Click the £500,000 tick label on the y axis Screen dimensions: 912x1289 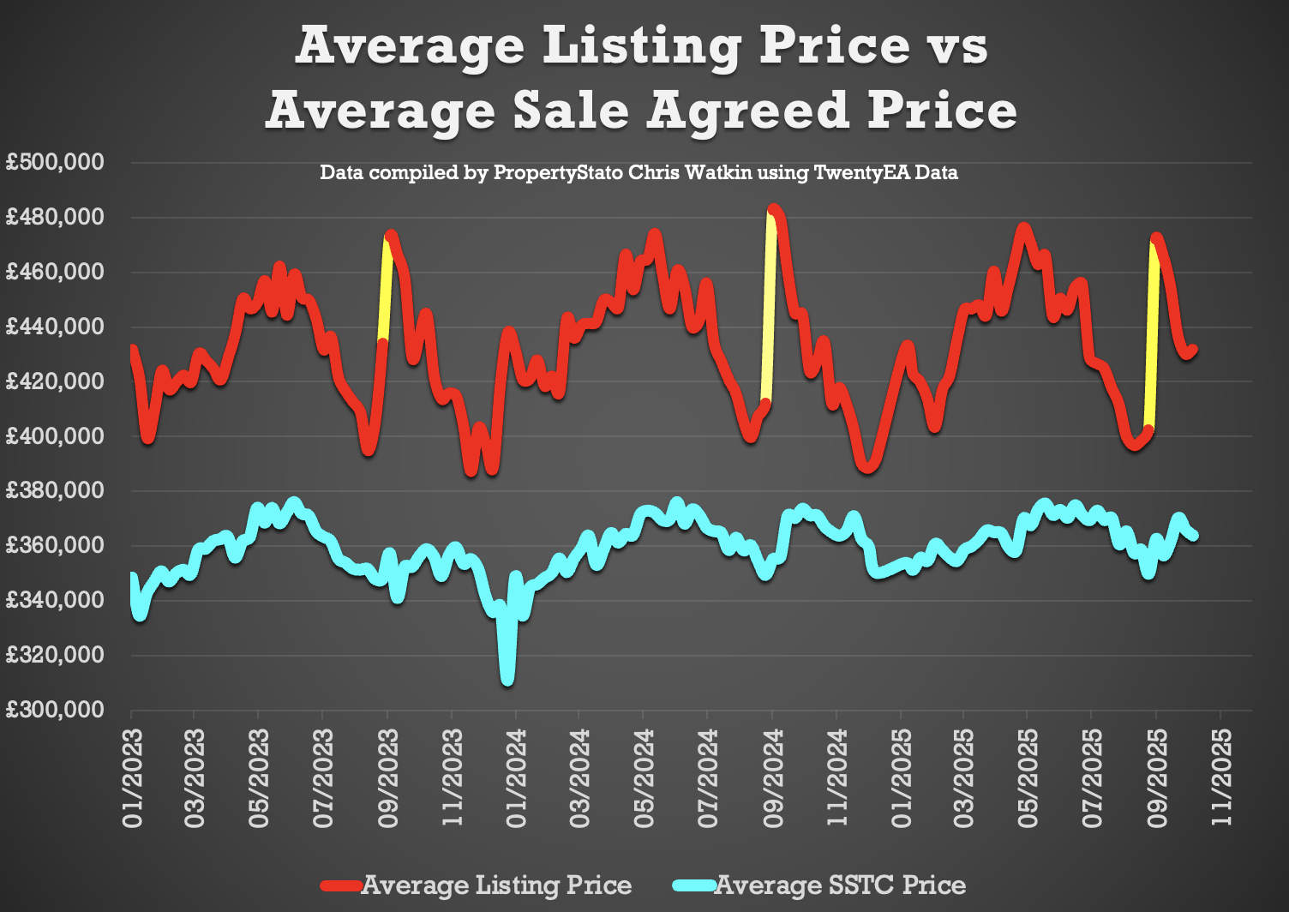[55, 162]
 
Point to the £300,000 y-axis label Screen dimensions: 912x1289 [55, 710]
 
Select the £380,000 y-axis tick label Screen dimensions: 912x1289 [55, 490]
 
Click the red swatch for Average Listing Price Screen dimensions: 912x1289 [341, 885]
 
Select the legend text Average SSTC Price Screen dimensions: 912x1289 [840, 885]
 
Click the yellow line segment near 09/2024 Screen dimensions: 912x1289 [769, 309]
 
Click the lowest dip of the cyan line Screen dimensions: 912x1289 [507, 679]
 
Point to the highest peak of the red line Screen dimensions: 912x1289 [774, 210]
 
